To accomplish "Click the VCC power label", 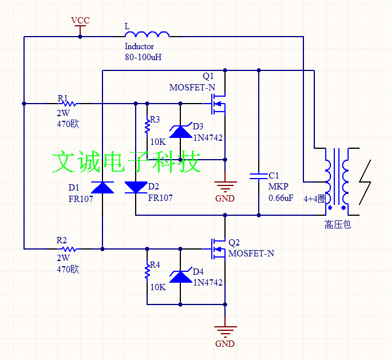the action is (80, 20).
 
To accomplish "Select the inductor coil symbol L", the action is (147, 34).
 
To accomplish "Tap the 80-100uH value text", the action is (143, 57).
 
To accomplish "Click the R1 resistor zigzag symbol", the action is (69, 103).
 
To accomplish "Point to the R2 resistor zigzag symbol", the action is (69, 249).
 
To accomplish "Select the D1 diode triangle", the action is (102, 188).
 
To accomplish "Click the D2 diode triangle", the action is (136, 188).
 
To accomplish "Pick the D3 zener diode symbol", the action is (180, 130).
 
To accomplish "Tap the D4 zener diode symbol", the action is (180, 275).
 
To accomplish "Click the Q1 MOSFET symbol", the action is (218, 104).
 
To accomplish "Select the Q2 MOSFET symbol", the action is (218, 249).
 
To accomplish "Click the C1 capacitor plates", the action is (259, 176).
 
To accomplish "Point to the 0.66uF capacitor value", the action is (281, 198).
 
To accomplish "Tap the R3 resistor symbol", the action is (147, 126).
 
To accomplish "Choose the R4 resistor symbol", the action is (147, 272).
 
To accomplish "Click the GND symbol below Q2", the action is (225, 331).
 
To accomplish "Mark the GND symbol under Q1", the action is (225, 186).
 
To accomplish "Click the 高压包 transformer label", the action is (338, 224).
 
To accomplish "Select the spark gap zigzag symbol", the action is (365, 182).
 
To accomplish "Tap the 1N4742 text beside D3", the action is (208, 137).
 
